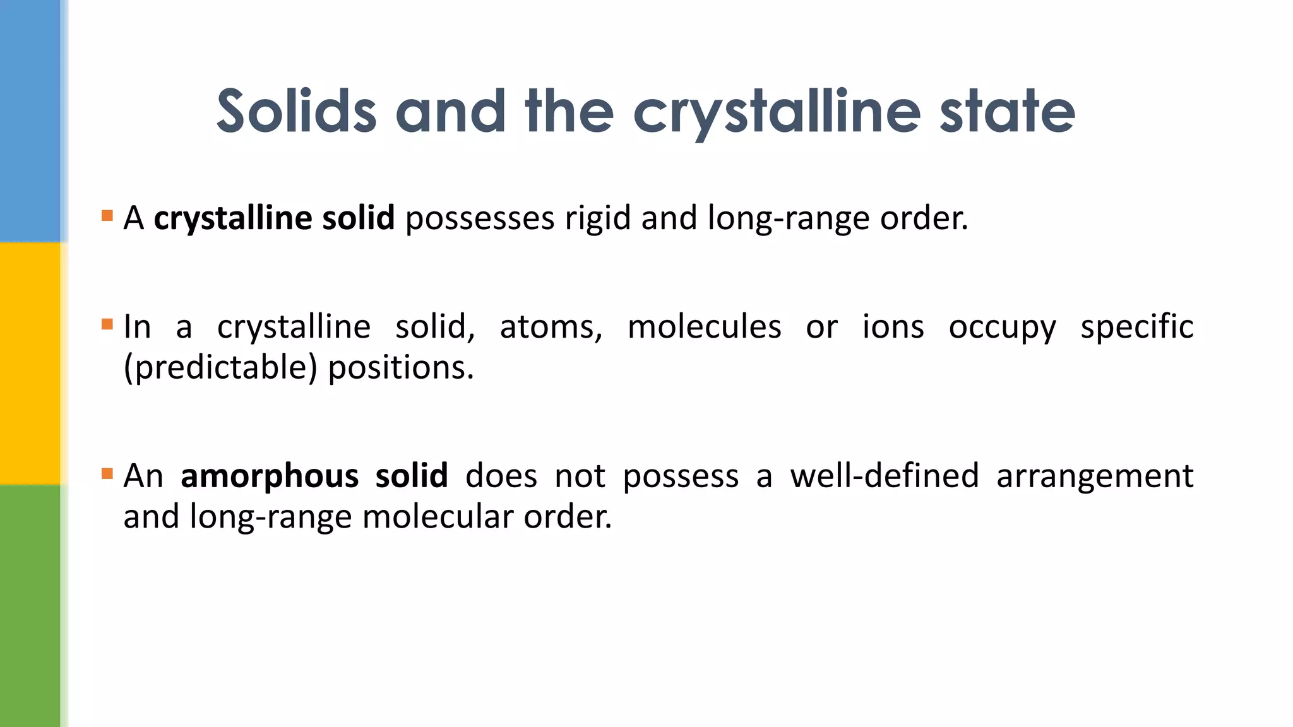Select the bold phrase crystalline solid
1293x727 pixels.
click(274, 218)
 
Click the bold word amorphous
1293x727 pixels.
click(270, 476)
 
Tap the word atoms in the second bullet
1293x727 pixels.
click(551, 328)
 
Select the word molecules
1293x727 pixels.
click(704, 328)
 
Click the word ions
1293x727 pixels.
click(893, 328)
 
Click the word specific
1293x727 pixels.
click(1136, 328)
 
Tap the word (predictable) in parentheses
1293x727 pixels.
click(220, 368)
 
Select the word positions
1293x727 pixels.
click(400, 368)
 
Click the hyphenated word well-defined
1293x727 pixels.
click(884, 476)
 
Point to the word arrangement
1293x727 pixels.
click(1094, 477)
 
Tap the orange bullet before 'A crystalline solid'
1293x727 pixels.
click(107, 216)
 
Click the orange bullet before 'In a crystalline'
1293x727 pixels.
click(107, 324)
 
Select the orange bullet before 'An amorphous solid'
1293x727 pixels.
click(107, 473)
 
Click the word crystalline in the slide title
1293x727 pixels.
click(777, 112)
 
